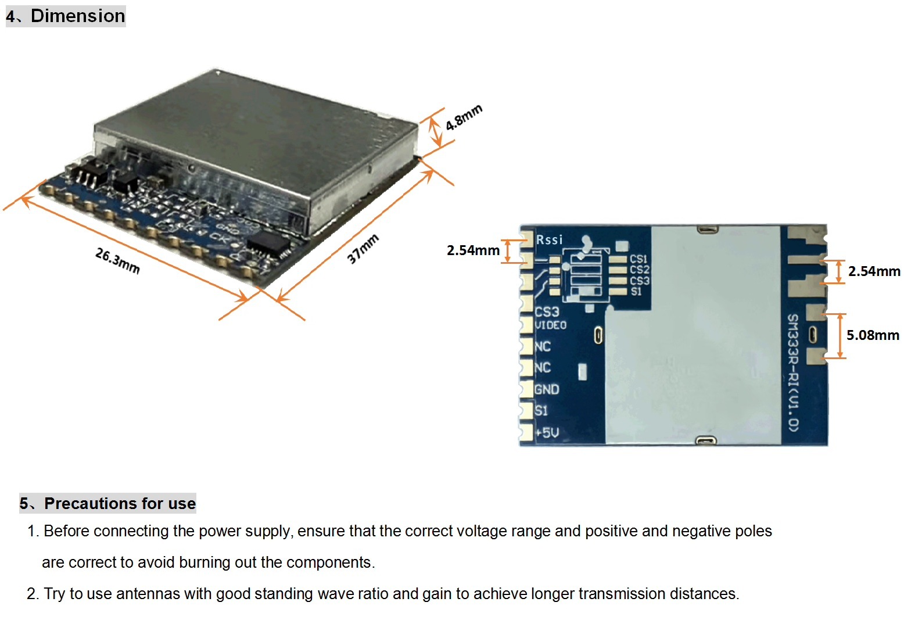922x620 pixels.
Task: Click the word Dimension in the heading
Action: pos(78,16)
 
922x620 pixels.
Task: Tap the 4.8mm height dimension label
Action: pos(464,117)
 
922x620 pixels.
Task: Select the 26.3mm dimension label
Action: pos(118,260)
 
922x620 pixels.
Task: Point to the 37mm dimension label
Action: pos(362,248)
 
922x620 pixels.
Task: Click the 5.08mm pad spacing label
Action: pos(873,335)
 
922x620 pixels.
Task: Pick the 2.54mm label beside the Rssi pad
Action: pos(473,250)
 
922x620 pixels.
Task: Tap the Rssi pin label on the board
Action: pos(549,239)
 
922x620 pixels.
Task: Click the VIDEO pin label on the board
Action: pos(550,325)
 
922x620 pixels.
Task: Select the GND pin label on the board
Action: pos(547,389)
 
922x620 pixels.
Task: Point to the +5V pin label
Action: pos(547,432)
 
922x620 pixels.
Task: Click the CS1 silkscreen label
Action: pos(638,259)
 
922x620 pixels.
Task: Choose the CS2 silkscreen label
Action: pos(640,270)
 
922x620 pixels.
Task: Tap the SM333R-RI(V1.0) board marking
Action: pos(793,373)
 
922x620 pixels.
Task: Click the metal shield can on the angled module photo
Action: pos(255,148)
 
